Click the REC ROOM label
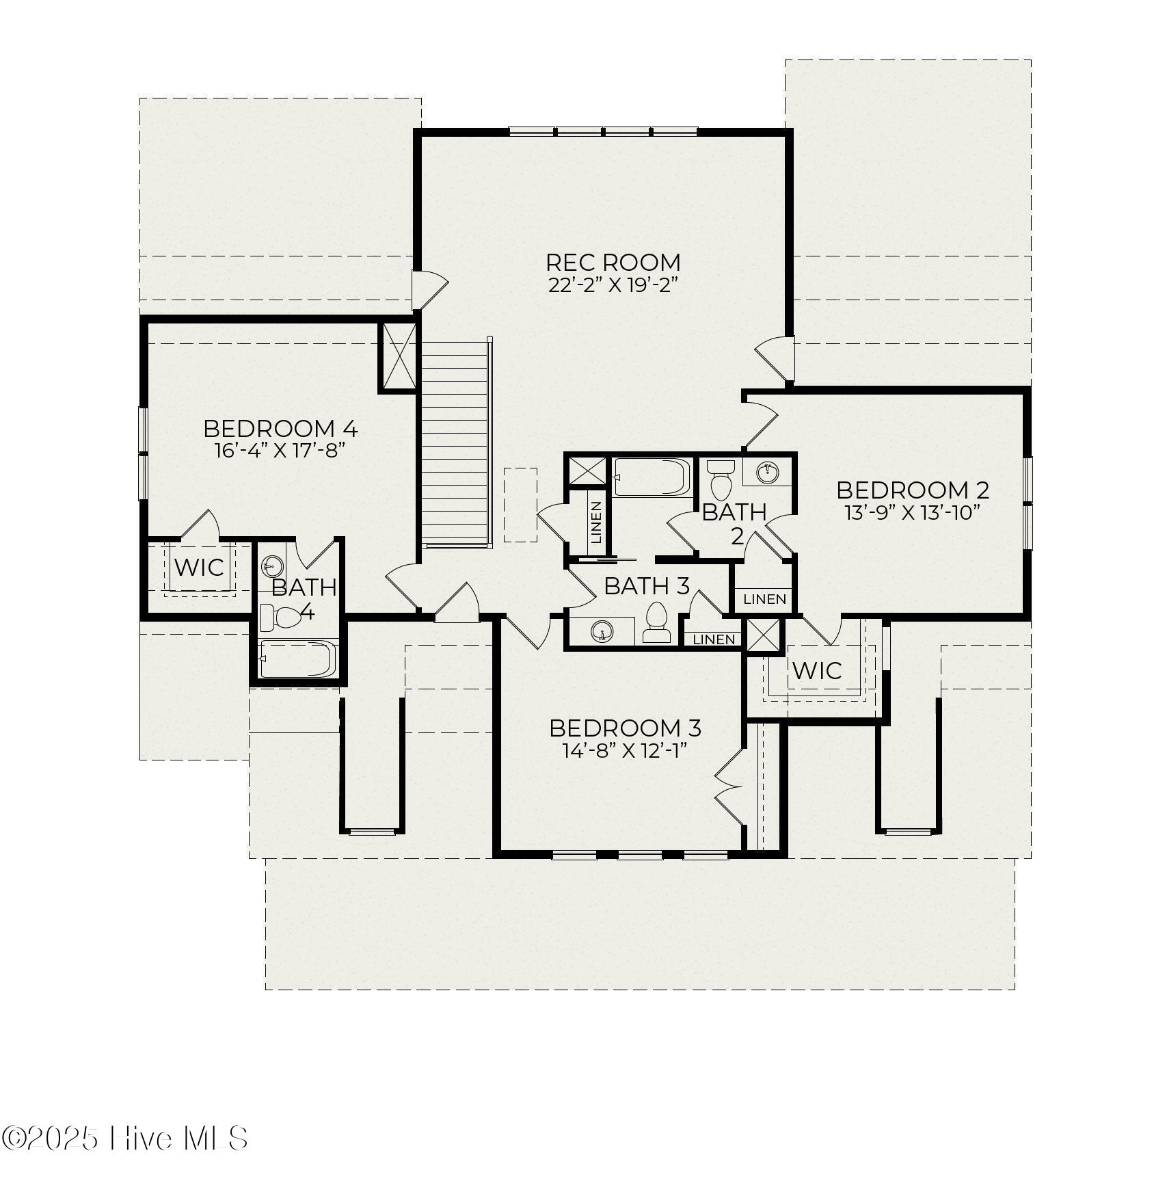(613, 262)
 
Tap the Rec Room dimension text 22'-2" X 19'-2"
(613, 285)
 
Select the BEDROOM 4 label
(280, 429)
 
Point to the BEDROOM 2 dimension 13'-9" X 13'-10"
(913, 512)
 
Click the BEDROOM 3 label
(625, 728)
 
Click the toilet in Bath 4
(280, 617)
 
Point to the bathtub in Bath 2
(652, 477)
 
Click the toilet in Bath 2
(720, 479)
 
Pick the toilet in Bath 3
(656, 622)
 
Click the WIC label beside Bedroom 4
(199, 567)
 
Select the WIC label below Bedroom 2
(816, 670)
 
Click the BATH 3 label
(646, 586)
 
